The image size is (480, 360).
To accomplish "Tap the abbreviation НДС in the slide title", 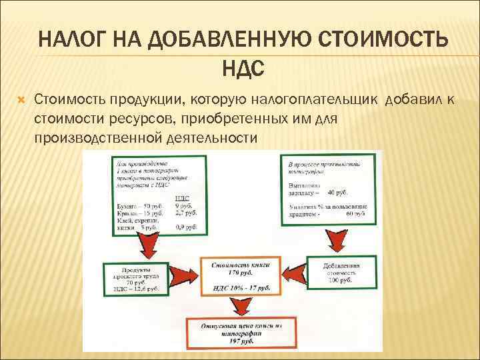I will (x=240, y=67).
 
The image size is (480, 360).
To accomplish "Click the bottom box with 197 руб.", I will (x=239, y=332).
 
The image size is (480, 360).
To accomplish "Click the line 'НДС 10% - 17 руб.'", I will (x=239, y=287).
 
